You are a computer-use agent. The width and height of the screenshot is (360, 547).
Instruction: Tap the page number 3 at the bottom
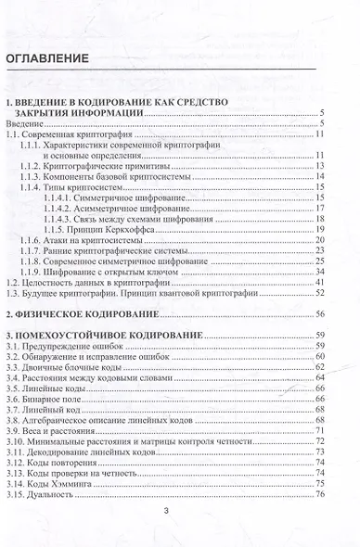(x=179, y=511)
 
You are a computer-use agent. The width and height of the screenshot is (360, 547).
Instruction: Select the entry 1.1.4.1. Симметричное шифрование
(x=122, y=198)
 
